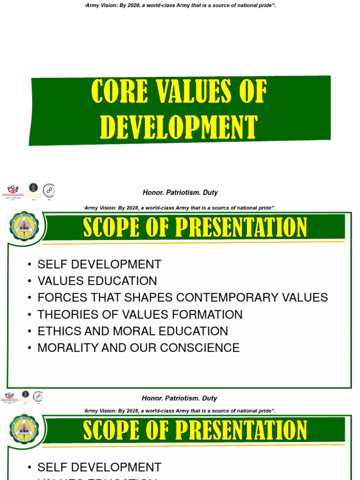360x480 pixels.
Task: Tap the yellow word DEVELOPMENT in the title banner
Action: pyautogui.click(x=179, y=127)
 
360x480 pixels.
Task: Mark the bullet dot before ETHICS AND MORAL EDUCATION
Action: pyautogui.click(x=30, y=331)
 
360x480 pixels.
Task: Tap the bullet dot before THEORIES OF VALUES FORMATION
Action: pyautogui.click(x=30, y=315)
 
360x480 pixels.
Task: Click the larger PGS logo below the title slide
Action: pyautogui.click(x=13, y=191)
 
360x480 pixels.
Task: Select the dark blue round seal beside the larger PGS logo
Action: pyautogui.click(x=34, y=188)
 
